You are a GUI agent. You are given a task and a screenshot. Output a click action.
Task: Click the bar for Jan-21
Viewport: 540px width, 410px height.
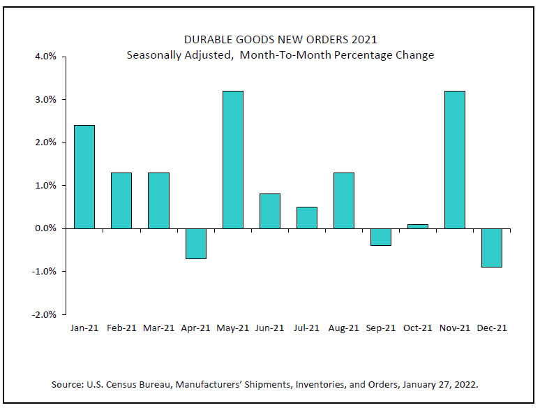[84, 177]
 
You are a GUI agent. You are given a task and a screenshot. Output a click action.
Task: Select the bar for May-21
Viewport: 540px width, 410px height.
[232, 159]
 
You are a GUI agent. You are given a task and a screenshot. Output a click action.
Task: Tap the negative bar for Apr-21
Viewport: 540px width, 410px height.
[195, 243]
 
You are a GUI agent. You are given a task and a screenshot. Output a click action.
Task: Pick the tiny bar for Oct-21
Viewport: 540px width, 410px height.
[417, 226]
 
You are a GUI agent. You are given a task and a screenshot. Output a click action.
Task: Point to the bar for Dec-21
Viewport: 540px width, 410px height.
[491, 247]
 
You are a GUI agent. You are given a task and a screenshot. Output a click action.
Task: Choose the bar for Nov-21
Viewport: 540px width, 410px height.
[454, 159]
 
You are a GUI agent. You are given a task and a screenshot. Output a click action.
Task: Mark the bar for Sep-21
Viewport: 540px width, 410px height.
[380, 237]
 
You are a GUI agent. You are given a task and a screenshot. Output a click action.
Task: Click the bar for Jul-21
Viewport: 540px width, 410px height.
[306, 217]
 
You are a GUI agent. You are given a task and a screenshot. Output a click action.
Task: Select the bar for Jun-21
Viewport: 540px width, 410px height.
[269, 211]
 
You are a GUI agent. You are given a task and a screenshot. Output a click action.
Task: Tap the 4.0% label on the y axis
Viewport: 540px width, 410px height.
[45, 57]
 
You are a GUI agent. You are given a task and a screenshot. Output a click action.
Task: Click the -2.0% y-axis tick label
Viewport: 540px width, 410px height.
[43, 314]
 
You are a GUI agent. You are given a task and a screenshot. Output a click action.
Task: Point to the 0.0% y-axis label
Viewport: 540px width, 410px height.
[45, 228]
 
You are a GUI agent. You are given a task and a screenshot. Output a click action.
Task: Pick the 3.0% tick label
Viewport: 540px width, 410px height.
[45, 100]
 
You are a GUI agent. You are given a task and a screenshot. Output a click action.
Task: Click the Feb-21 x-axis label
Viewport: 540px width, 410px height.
[121, 328]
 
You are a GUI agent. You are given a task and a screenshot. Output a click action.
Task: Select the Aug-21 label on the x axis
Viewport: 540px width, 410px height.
[343, 328]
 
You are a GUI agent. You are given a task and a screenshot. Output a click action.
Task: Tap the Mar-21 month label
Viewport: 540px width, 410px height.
[158, 328]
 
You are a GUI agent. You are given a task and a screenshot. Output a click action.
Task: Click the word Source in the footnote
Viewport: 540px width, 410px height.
[66, 384]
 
